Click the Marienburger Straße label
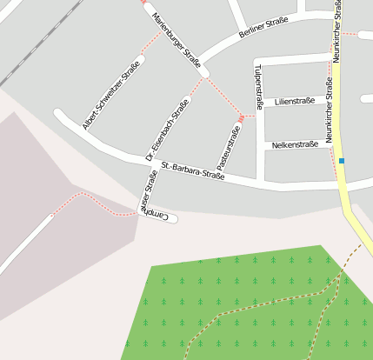pos(177,41)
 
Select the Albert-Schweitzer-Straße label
pos(111,96)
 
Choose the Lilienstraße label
pos(294,102)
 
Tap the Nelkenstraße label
pos(295,144)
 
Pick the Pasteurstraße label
pos(227,147)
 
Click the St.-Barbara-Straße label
pos(193,170)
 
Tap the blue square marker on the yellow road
pos(342,161)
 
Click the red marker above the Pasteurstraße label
pos(241,118)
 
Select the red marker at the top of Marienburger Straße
pos(143,2)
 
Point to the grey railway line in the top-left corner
pos(35,43)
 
